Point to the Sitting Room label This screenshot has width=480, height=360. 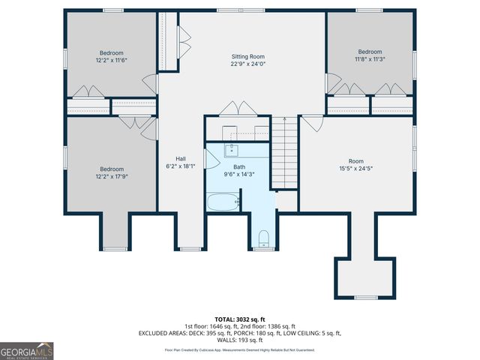247,56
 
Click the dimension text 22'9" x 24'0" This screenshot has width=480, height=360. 247,64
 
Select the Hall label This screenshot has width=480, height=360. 181,158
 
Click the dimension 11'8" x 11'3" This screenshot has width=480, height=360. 369,60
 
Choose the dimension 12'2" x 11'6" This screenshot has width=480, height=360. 112,61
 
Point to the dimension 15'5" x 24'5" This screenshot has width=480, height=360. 355,168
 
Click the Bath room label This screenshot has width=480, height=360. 238,166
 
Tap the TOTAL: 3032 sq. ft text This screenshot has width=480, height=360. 239,319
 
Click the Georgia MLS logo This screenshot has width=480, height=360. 26,350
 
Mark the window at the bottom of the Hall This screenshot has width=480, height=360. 190,248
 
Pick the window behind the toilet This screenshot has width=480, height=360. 263,248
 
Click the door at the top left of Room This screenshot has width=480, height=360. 313,121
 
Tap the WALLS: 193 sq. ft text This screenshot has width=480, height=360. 239,340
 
